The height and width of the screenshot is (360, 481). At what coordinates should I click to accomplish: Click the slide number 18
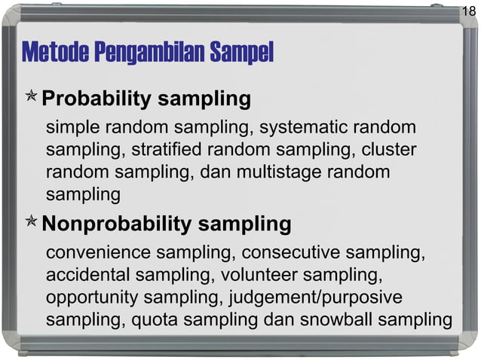pos(468,11)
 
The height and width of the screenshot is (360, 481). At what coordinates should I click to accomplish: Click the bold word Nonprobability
pos(115,224)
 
